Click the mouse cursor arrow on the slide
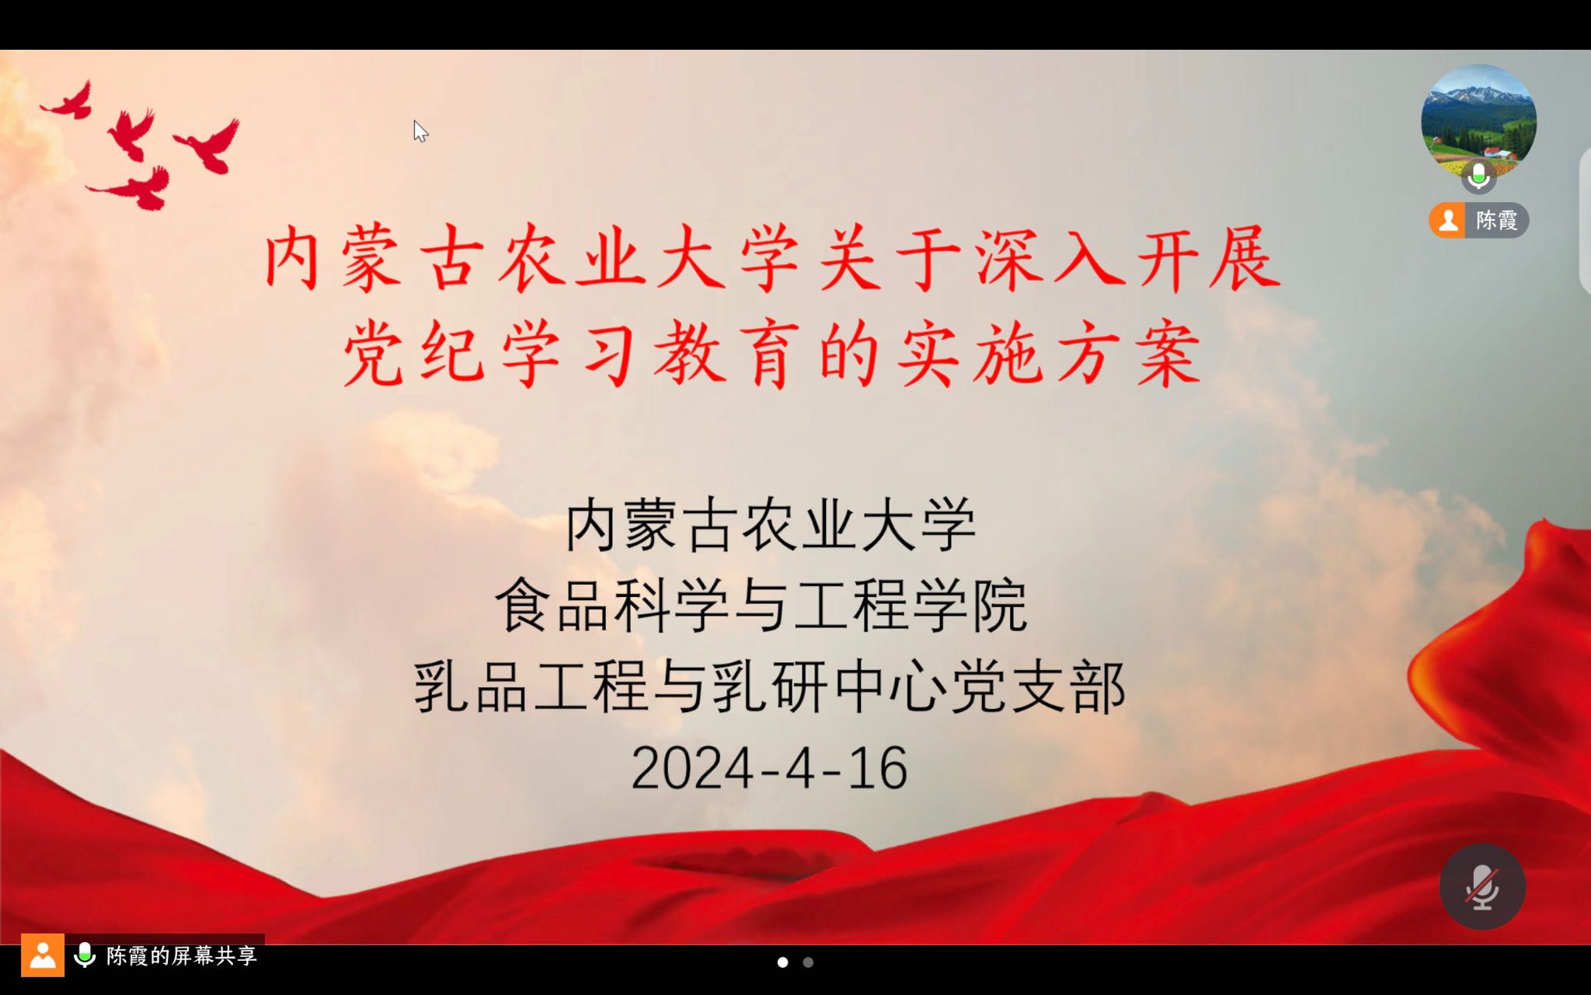pyautogui.click(x=420, y=131)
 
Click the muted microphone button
pyautogui.click(x=1482, y=887)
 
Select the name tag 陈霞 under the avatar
pyautogui.click(x=1479, y=220)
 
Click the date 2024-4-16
pyautogui.click(x=769, y=769)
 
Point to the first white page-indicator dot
pyautogui.click(x=782, y=962)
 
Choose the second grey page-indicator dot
pyautogui.click(x=808, y=962)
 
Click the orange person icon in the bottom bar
pyautogui.click(x=43, y=955)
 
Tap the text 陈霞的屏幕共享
pyautogui.click(x=182, y=955)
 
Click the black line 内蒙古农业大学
pyautogui.click(x=770, y=525)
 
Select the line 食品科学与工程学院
pyautogui.click(x=761, y=606)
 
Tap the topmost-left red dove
pyautogui.click(x=70, y=100)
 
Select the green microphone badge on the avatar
pyautogui.click(x=1478, y=176)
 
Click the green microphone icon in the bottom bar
pyautogui.click(x=85, y=955)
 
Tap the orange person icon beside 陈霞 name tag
pyautogui.click(x=1447, y=220)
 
